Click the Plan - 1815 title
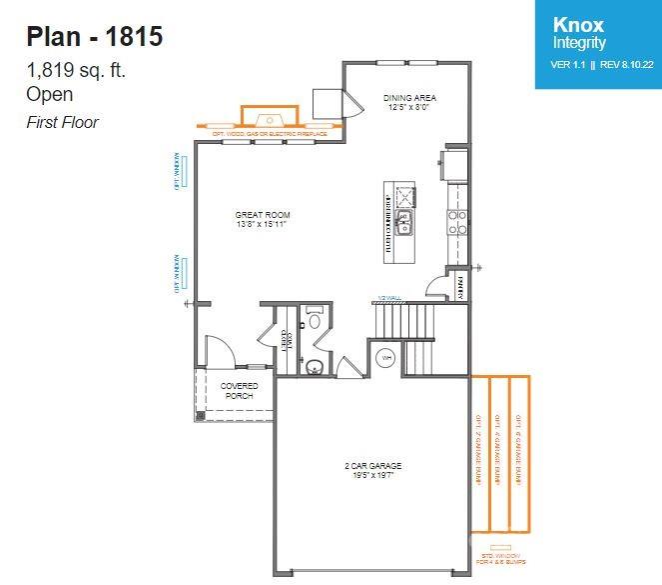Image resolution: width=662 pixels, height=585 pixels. [94, 37]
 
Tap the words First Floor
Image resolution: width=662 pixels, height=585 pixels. [62, 122]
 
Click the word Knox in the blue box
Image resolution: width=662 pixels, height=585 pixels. [578, 25]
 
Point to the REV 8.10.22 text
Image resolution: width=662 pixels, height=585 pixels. [626, 65]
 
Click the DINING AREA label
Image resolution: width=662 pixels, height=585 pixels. [410, 98]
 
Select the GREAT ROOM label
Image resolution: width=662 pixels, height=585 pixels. [263, 215]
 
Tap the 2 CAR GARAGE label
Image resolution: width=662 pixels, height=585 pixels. [373, 466]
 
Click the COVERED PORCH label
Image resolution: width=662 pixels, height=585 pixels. [239, 390]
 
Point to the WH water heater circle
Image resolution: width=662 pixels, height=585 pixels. [386, 357]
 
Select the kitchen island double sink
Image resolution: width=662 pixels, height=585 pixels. [405, 223]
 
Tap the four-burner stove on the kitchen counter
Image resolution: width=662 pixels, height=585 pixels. [457, 220]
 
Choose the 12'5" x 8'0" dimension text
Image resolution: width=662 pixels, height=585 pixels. [410, 107]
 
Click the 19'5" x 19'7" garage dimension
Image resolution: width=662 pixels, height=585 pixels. [373, 475]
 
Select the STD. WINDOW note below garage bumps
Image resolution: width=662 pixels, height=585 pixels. [496, 557]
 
